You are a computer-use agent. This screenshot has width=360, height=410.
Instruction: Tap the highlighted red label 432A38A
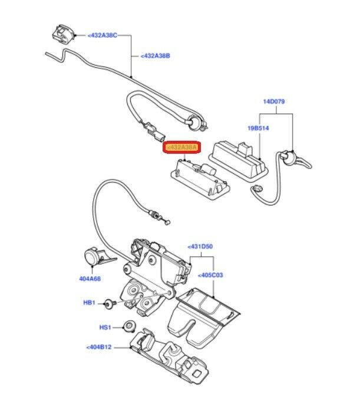tap(182, 148)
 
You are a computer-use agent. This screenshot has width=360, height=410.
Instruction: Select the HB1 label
tap(88, 303)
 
